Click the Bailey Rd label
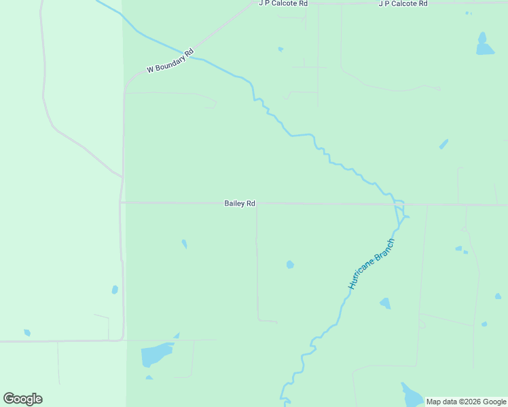pyautogui.click(x=240, y=203)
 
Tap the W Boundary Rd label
pyautogui.click(x=170, y=61)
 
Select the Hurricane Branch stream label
pyautogui.click(x=371, y=265)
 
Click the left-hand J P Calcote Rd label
pyautogui.click(x=283, y=3)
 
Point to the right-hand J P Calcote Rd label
pyautogui.click(x=403, y=3)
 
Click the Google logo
pyautogui.click(x=22, y=399)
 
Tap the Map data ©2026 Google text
pyautogui.click(x=467, y=402)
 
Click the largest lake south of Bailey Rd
pyautogui.click(x=156, y=354)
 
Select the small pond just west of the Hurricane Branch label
pyautogui.click(x=290, y=265)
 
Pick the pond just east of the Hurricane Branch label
pyautogui.click(x=385, y=303)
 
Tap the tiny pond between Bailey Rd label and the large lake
pyautogui.click(x=184, y=244)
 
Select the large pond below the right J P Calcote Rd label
pyautogui.click(x=484, y=45)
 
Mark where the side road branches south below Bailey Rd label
pyautogui.click(x=256, y=203)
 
